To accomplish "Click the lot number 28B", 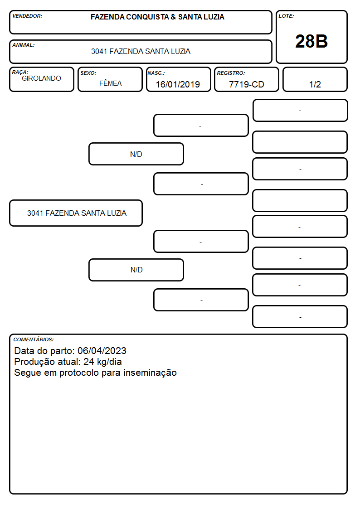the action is (x=311, y=41).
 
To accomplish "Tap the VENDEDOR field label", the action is (x=27, y=16).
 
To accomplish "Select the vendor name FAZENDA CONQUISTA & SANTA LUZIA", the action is (x=157, y=17).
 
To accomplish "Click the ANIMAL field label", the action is (x=24, y=45).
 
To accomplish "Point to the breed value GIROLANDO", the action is (x=41, y=78).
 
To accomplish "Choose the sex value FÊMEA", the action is (x=110, y=83).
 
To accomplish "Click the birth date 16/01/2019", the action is (x=178, y=84).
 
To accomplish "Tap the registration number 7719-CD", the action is (x=246, y=84).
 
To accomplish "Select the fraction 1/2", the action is (x=315, y=84).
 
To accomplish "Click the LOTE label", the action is (x=286, y=16).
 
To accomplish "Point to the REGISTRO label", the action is (x=231, y=73).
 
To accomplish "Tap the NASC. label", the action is (x=156, y=73).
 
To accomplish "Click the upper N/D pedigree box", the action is (x=136, y=154).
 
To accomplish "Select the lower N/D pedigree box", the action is (x=136, y=270).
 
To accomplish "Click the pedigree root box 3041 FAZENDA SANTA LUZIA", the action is (x=76, y=213).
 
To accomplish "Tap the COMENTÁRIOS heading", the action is (x=34, y=339).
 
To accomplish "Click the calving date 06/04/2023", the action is (x=102, y=350).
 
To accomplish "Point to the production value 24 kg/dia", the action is (x=102, y=362).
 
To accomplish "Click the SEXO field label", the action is (x=88, y=73).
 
